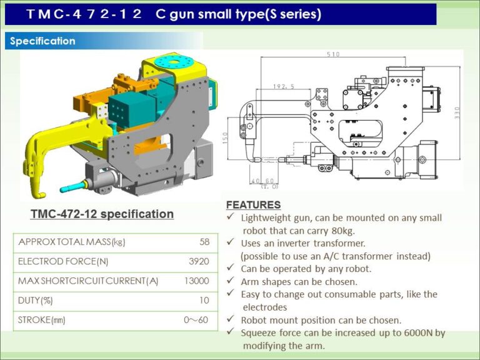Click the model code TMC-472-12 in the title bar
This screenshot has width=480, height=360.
[x=84, y=14]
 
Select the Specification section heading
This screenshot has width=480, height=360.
[x=42, y=41]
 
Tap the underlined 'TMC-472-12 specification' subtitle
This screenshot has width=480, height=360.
[x=102, y=214]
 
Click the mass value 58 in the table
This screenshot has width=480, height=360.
[x=204, y=242]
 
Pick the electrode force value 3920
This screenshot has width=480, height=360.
[x=199, y=261]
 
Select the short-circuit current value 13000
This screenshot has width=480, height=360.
[x=197, y=281]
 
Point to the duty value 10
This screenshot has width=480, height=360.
[x=204, y=301]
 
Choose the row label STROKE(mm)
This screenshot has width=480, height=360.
[x=42, y=321]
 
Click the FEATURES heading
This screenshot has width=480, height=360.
[x=253, y=205]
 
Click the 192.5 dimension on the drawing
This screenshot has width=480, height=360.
[x=283, y=87]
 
